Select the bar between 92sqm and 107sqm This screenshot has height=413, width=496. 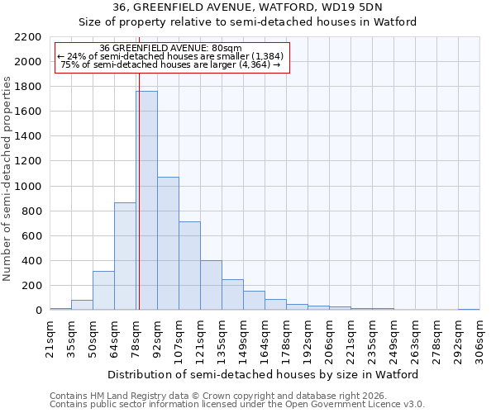click(x=168, y=244)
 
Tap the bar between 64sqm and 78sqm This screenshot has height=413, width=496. click(x=125, y=256)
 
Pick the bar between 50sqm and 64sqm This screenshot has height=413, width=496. click(x=103, y=291)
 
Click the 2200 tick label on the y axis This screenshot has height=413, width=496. click(x=28, y=37)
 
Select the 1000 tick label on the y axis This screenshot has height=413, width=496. click(x=28, y=187)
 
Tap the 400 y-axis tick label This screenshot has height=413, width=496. click(x=31, y=261)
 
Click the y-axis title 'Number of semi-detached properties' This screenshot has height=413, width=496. click(x=8, y=178)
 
